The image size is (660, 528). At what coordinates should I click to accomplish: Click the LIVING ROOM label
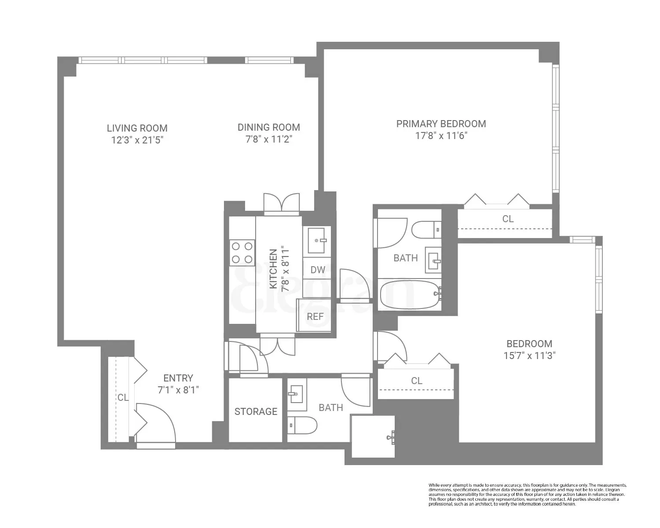point(137,128)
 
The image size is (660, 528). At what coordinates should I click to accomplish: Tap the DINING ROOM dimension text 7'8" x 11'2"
point(269,139)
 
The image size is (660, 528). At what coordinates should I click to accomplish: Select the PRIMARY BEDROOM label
point(441,124)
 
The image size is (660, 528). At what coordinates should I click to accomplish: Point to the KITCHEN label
point(273,269)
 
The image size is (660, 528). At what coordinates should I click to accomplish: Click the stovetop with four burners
point(242,253)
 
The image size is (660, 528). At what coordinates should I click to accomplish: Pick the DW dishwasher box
point(317,270)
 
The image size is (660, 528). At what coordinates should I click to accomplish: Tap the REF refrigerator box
point(315,316)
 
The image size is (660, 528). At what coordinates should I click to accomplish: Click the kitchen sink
point(316,240)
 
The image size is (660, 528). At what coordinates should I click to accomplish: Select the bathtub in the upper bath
point(409,294)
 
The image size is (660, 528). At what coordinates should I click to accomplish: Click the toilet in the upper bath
point(426,229)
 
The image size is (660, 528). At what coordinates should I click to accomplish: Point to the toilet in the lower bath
point(302,425)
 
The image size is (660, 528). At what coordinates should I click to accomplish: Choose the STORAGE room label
point(256,411)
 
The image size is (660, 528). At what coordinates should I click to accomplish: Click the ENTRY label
point(178,378)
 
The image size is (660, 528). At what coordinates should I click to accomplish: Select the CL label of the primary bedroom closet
point(508,219)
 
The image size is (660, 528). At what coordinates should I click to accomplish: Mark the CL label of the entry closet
point(123,397)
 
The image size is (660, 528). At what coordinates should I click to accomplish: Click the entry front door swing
point(154,422)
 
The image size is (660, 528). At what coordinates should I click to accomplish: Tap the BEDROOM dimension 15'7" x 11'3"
point(529,356)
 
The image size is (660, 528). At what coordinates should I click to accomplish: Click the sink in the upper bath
point(433,260)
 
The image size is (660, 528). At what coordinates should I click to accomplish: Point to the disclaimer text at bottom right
point(527,494)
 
